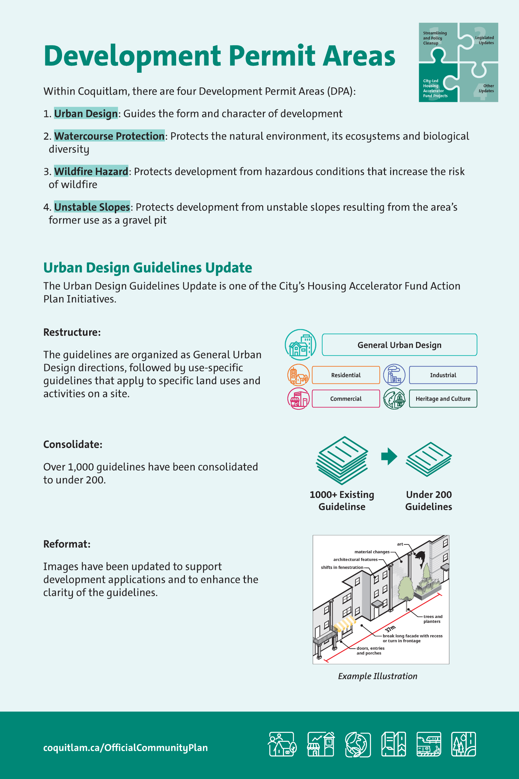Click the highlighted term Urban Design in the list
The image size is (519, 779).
tap(86, 114)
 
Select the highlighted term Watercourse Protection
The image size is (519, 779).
tap(109, 136)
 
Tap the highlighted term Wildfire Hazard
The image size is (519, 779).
tap(91, 172)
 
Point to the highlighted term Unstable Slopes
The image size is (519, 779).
tap(92, 207)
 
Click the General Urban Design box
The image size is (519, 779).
tap(399, 345)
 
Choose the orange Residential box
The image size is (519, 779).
tap(346, 375)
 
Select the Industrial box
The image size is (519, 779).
tap(443, 375)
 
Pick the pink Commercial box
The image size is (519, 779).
tap(346, 399)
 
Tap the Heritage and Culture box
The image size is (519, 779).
tap(443, 399)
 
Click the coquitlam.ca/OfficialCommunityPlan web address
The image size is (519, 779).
tap(125, 748)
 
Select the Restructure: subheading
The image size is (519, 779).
tap(72, 332)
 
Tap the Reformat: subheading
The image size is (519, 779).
tap(67, 544)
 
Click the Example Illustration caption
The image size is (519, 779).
tap(377, 676)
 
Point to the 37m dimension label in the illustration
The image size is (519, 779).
tap(390, 629)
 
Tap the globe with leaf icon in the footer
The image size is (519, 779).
tap(357, 744)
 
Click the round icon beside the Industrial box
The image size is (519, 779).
tap(394, 375)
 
